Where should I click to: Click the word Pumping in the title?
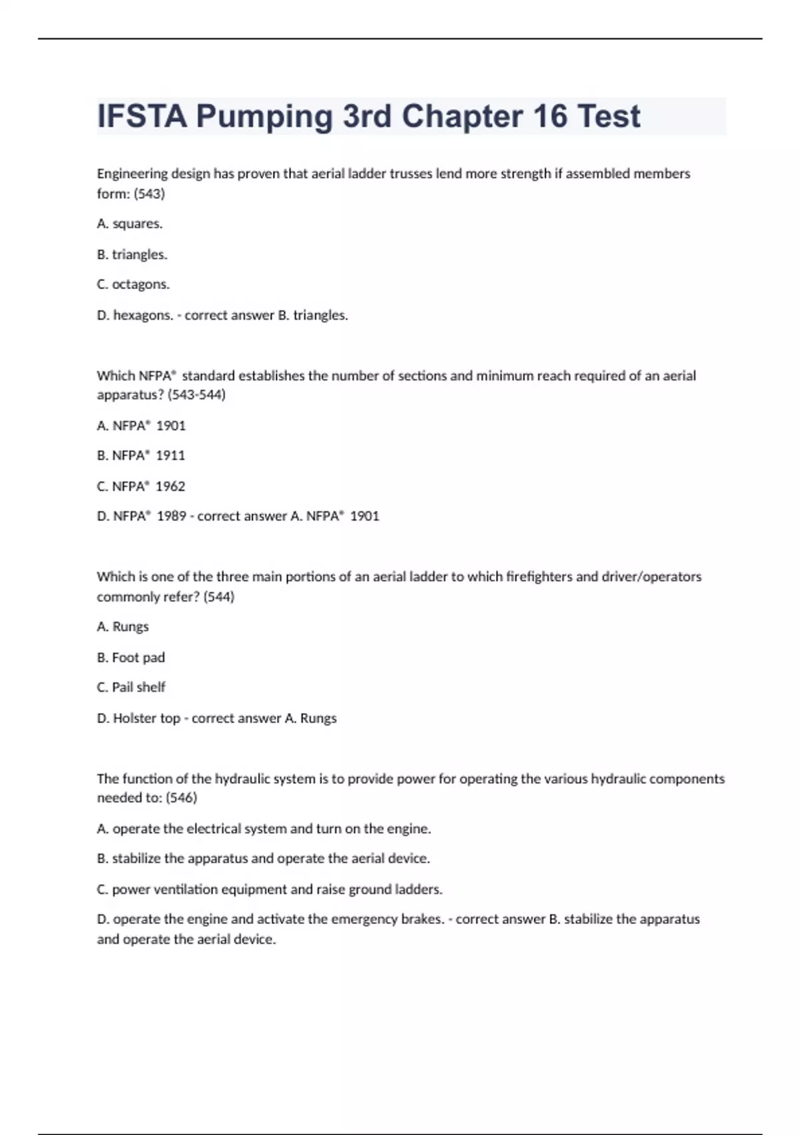click(264, 117)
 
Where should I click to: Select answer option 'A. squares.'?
click(129, 224)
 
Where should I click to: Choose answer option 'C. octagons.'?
click(133, 284)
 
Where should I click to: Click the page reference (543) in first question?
click(150, 194)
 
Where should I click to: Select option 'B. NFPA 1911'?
click(141, 455)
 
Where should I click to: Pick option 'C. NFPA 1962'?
click(141, 486)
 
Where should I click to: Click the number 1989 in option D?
click(172, 516)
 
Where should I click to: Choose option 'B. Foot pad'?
click(131, 658)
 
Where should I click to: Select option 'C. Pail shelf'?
click(131, 687)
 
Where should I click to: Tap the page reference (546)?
click(182, 798)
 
